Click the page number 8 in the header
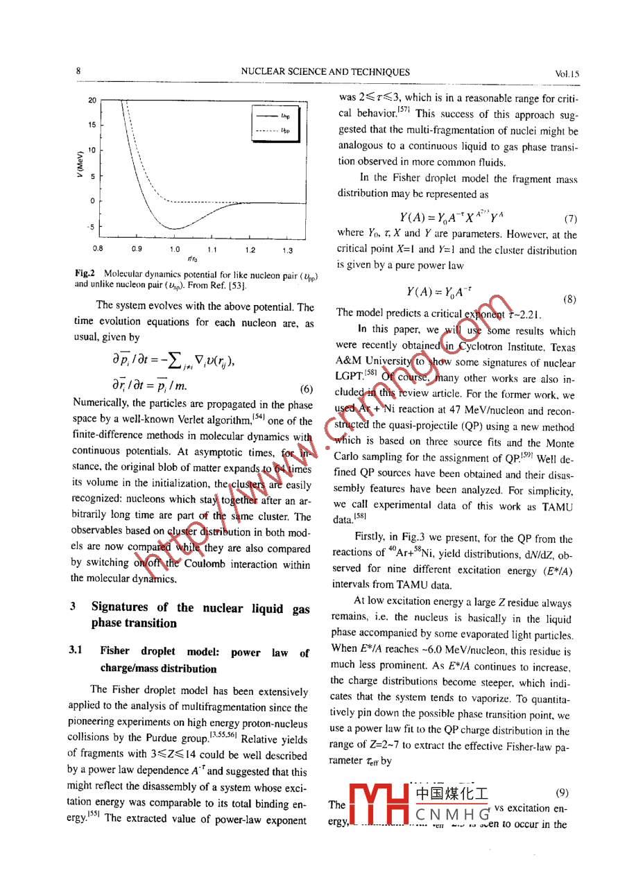[x=78, y=71]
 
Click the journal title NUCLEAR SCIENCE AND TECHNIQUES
[x=325, y=72]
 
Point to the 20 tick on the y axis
[x=92, y=101]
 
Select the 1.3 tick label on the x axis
[x=287, y=250]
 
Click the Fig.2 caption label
[x=85, y=274]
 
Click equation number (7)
[x=571, y=218]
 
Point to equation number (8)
[x=569, y=300]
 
